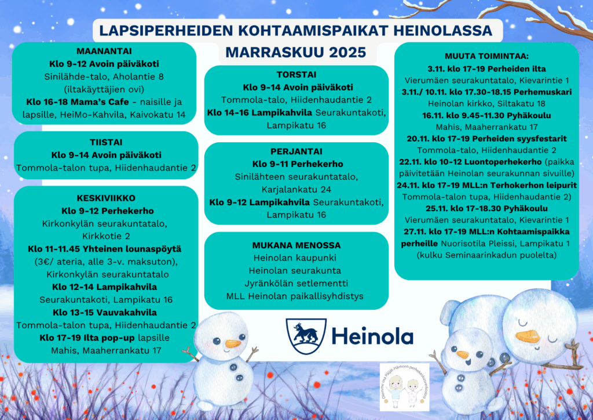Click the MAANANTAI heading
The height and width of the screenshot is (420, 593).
point(105,51)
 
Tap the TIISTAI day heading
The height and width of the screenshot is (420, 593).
point(106,142)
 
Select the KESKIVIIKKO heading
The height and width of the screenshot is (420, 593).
point(106,197)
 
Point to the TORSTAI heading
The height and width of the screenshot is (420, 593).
point(296,75)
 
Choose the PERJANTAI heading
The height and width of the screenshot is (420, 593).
point(296,151)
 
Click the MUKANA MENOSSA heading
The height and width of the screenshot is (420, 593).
point(296,245)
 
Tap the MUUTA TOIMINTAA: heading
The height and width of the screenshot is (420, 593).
point(486,56)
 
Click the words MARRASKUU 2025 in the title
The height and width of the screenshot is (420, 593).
point(295,52)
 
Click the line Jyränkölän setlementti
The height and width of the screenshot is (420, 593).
point(296,284)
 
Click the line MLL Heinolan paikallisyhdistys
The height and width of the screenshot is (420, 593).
point(296,296)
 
